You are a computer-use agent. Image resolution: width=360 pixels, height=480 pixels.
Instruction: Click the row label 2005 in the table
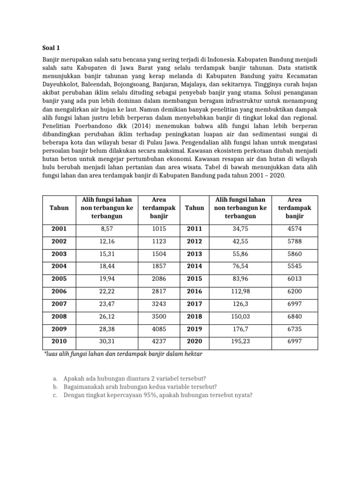coord(59,279)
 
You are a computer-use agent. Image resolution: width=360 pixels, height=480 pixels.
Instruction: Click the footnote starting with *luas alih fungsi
coord(123,354)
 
